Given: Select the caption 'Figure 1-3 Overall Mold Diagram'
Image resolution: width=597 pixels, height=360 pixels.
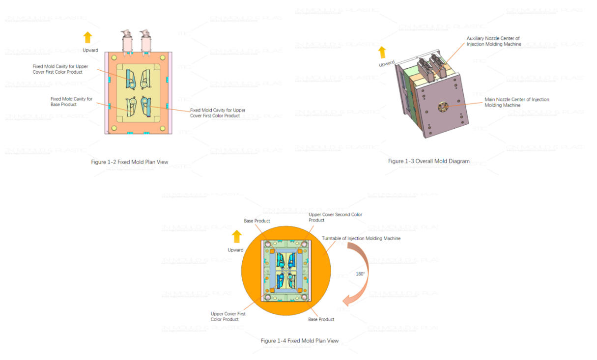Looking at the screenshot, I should pyautogui.click(x=428, y=161).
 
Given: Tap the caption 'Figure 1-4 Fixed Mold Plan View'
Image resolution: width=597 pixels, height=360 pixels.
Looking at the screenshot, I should pyautogui.click(x=299, y=341).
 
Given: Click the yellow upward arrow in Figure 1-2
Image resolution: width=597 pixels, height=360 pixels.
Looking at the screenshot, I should pyautogui.click(x=87, y=38).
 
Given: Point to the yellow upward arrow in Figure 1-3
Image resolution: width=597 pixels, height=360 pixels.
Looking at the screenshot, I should pyautogui.click(x=382, y=53).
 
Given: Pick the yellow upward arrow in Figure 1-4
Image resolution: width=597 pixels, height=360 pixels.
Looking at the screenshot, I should pyautogui.click(x=237, y=237).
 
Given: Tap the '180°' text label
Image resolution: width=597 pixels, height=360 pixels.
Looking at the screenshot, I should pyautogui.click(x=360, y=274).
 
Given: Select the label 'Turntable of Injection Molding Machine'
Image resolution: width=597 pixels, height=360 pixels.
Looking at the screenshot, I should pyautogui.click(x=361, y=239).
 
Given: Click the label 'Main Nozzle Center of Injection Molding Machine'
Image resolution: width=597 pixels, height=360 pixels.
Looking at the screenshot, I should pyautogui.click(x=516, y=102).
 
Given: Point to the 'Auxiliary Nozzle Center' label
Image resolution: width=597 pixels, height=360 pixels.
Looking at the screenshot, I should pyautogui.click(x=493, y=41).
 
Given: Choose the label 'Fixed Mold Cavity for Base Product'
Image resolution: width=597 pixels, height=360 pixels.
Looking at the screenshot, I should pyautogui.click(x=71, y=102).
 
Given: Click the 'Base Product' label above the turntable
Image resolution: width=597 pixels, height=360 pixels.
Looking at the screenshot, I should pyautogui.click(x=256, y=221).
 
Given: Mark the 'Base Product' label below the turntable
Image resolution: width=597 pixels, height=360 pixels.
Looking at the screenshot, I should pyautogui.click(x=321, y=320).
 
